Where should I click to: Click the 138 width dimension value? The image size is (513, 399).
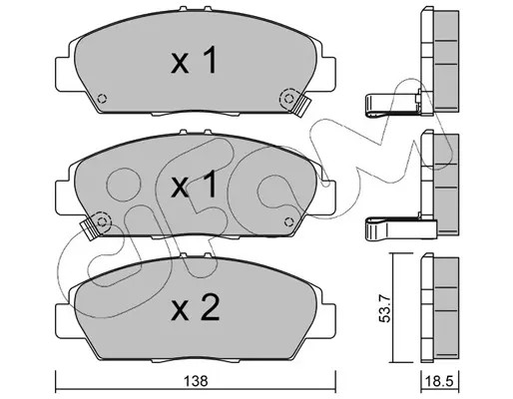pyautogui.click(x=196, y=381)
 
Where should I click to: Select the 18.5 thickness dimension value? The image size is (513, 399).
pyautogui.click(x=439, y=381)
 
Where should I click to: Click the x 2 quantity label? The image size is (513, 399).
pyautogui.click(x=195, y=308)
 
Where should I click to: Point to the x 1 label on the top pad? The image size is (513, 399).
pyautogui.click(x=194, y=60)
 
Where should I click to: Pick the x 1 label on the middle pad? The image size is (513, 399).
pyautogui.click(x=194, y=186)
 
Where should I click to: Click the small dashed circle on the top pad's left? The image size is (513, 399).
pyautogui.click(x=102, y=99)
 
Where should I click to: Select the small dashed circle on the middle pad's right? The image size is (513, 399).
pyautogui.click(x=288, y=221)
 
